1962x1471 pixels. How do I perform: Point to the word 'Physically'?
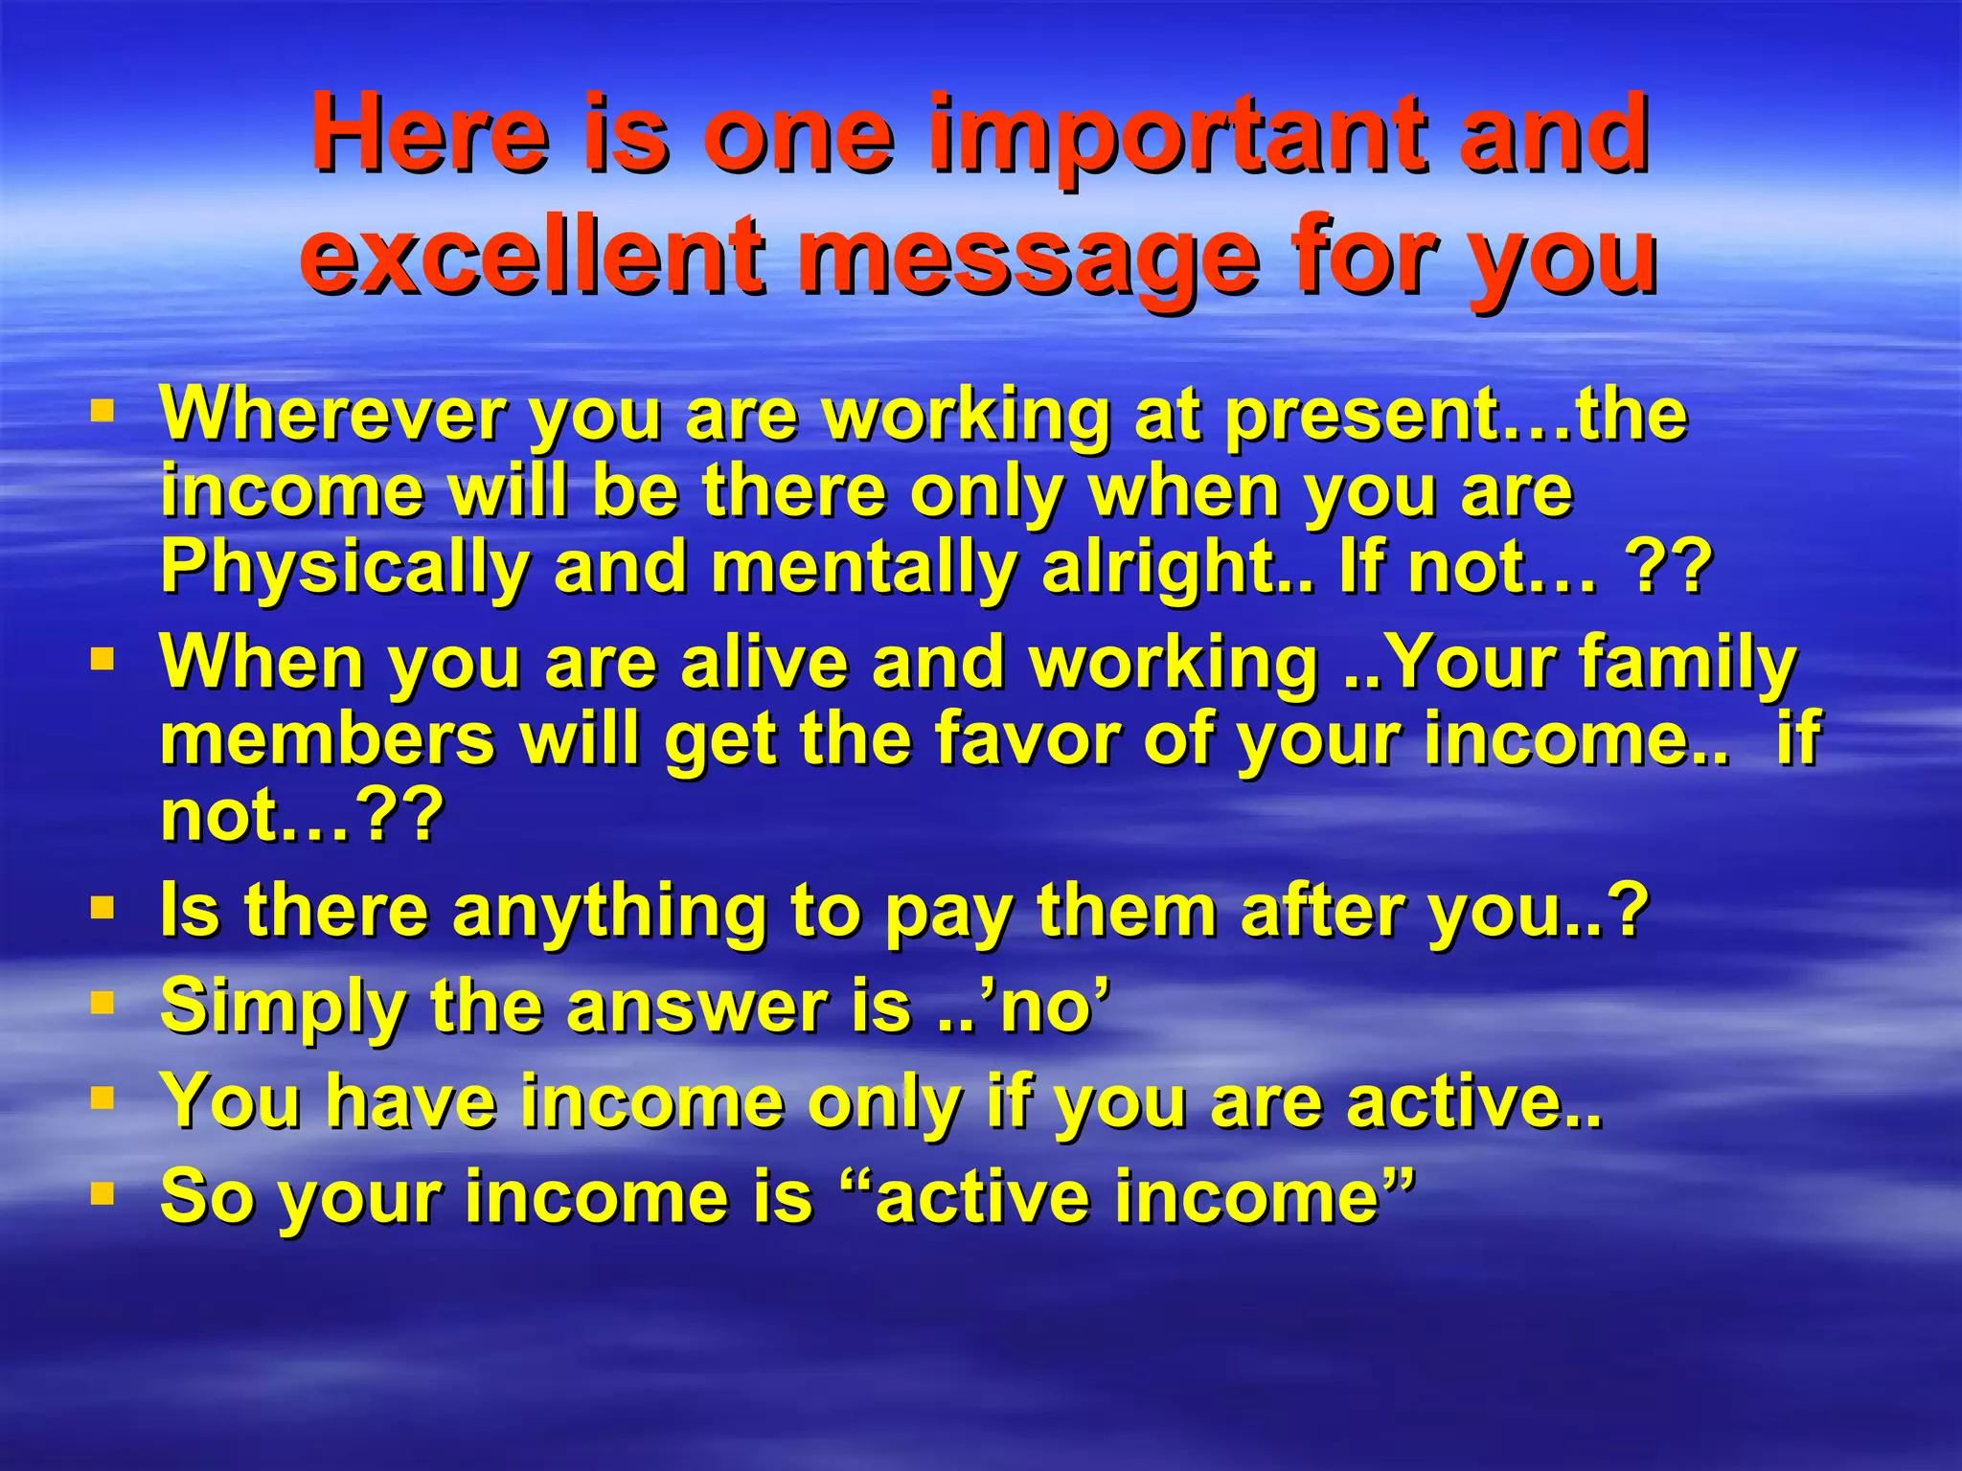(344, 568)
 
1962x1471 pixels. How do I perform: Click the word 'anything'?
(609, 911)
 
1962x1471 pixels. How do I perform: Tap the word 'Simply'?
(283, 1007)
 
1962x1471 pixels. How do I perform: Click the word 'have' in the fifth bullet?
(411, 1101)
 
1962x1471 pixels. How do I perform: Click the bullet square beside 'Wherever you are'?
(103, 413)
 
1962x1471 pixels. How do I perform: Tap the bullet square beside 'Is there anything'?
(103, 907)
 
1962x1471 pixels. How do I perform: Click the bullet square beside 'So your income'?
(103, 1193)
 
